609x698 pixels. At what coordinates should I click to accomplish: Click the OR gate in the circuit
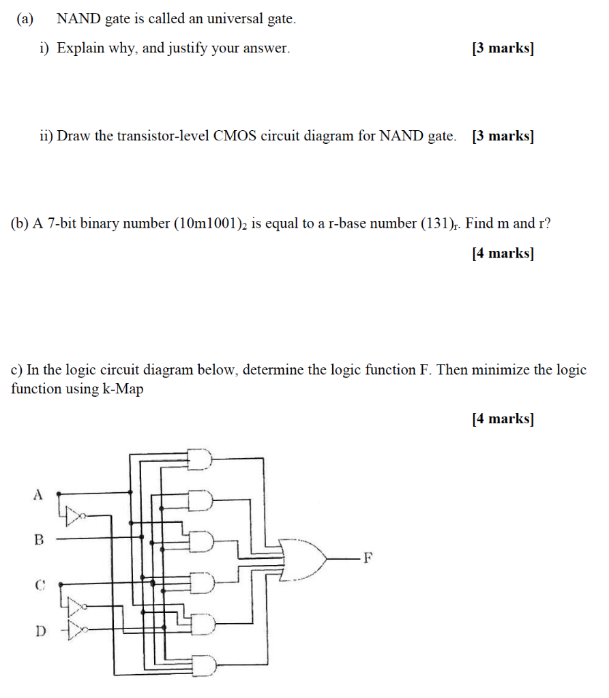click(305, 559)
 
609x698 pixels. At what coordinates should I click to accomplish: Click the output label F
click(368, 559)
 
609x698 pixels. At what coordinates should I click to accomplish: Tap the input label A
click(38, 494)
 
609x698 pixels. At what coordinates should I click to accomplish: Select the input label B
click(39, 540)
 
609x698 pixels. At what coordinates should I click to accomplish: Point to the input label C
click(39, 584)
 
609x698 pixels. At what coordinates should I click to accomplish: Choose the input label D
click(39, 631)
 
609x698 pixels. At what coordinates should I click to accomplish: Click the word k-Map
click(121, 389)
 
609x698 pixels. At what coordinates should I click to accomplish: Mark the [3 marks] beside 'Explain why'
click(503, 48)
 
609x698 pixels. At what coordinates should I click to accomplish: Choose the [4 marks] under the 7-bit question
click(503, 254)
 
